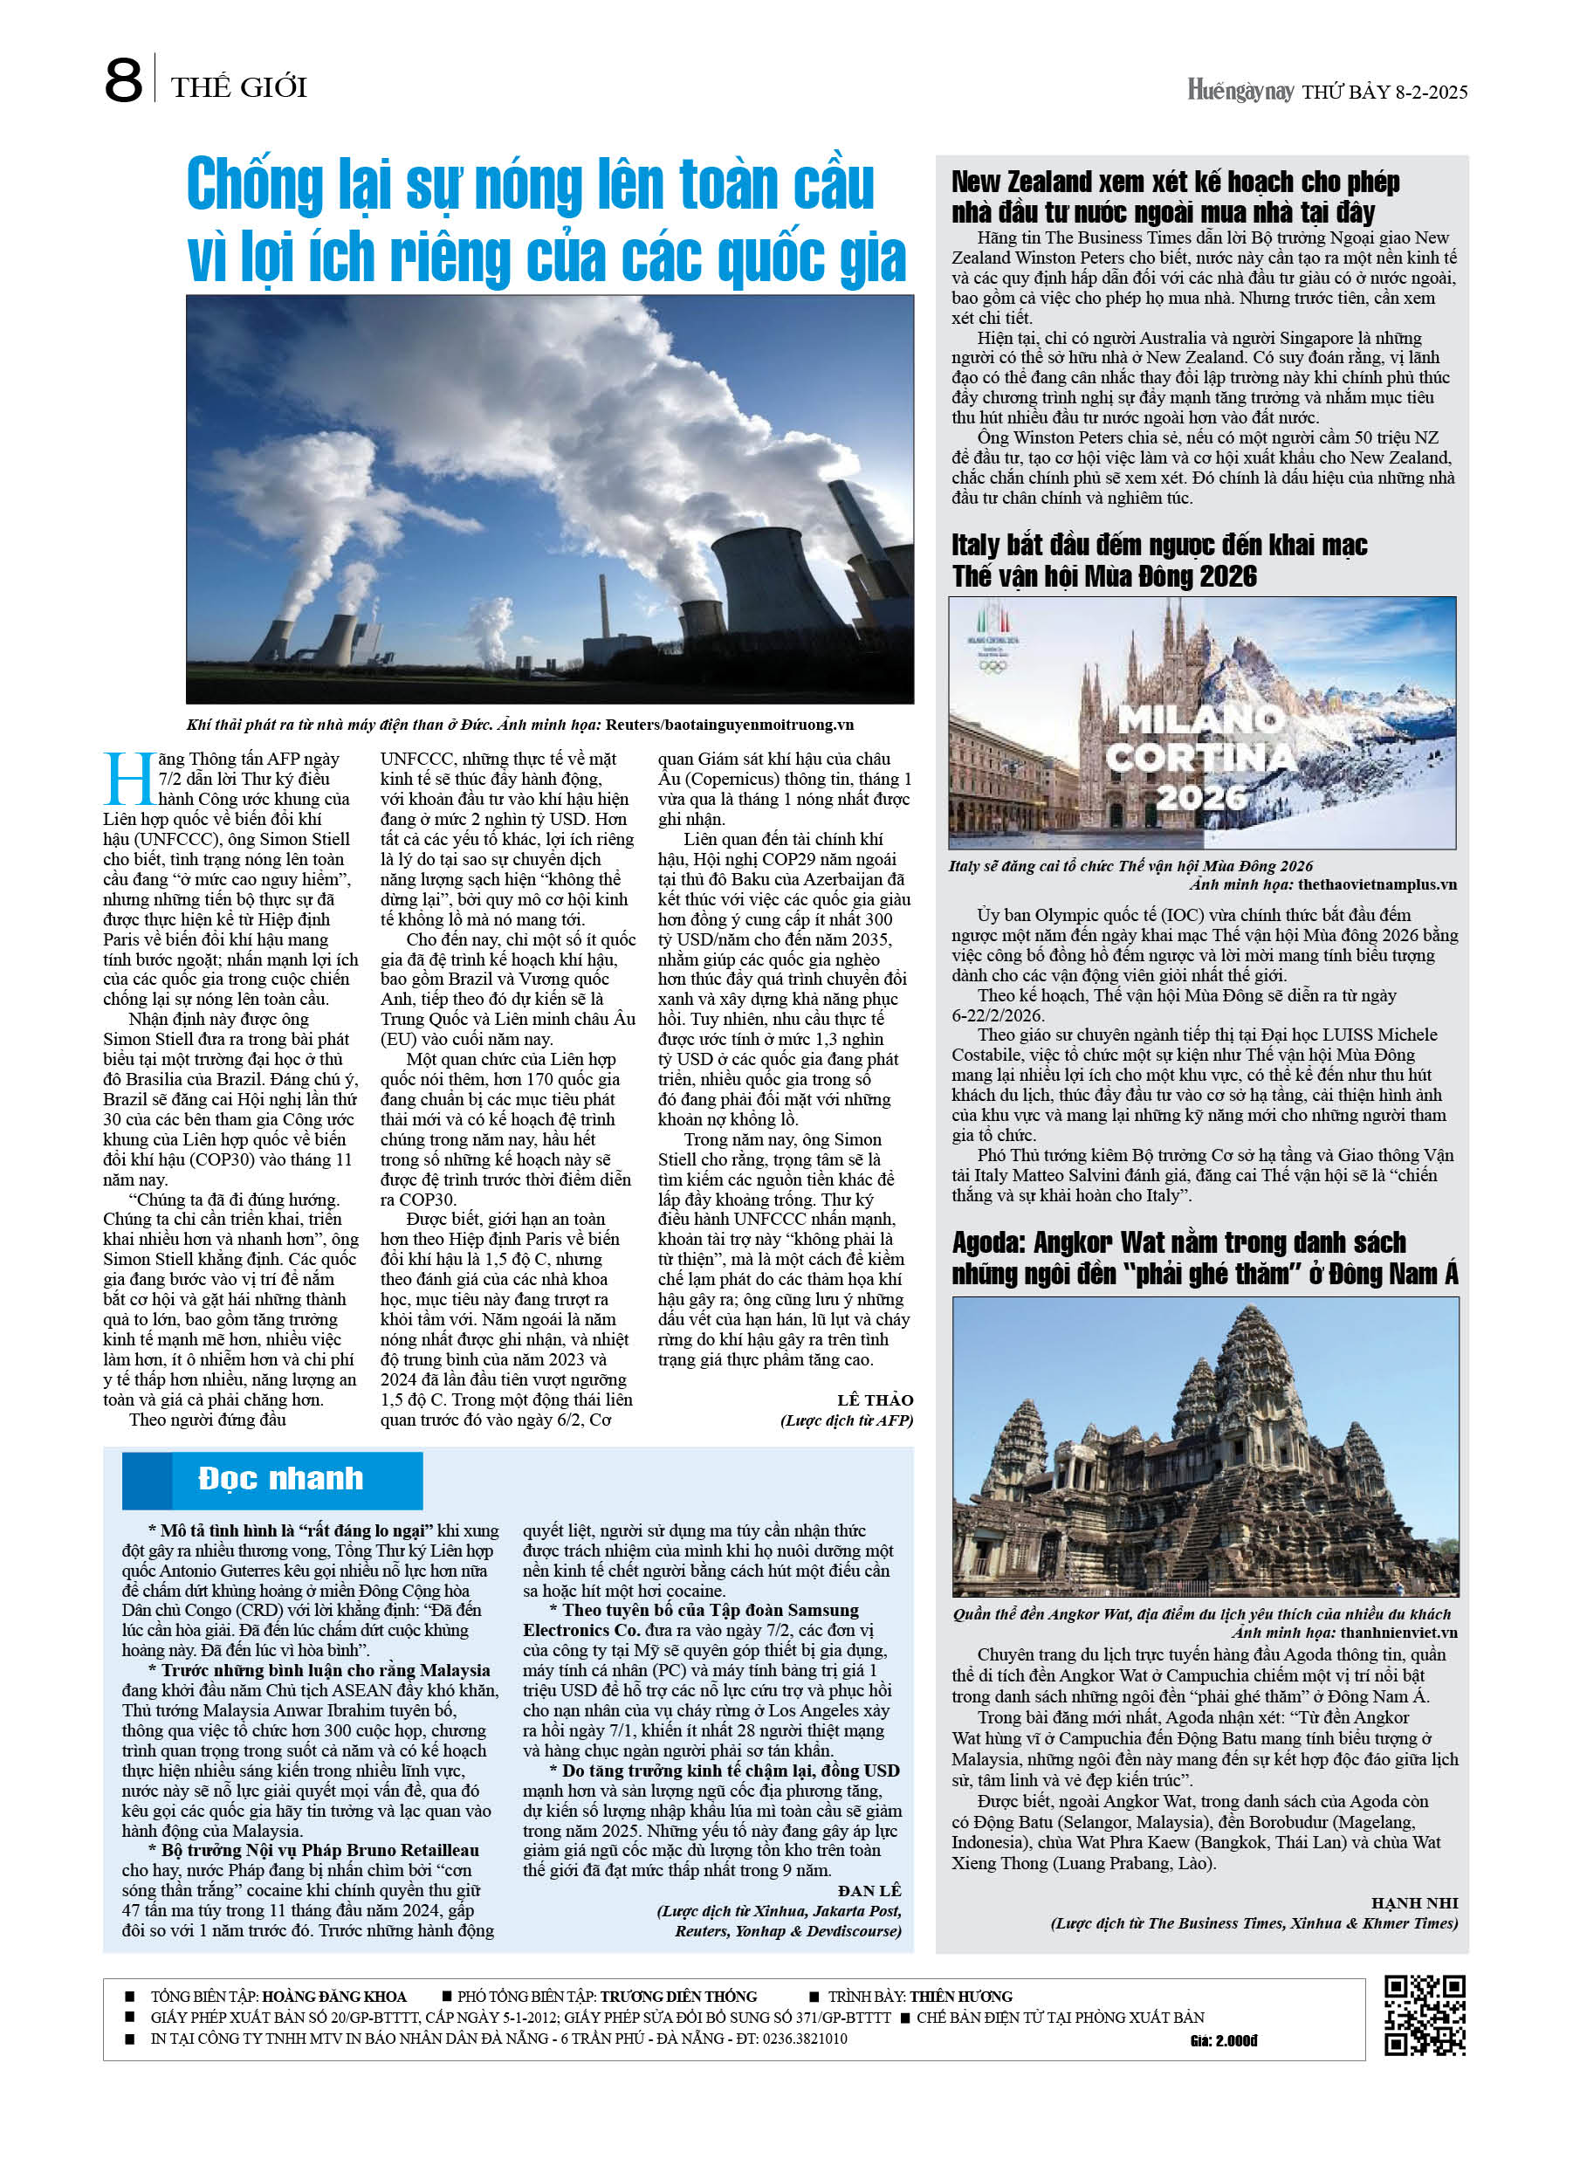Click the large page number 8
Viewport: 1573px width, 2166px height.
123,80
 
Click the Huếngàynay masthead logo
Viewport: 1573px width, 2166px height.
1240,91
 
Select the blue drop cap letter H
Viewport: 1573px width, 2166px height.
128,779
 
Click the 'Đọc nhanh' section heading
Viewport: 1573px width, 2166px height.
280,1478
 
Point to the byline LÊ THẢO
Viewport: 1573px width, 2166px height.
875,1400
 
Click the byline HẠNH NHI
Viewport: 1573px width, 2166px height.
1413,1903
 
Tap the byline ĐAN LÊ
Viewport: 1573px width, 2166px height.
869,1891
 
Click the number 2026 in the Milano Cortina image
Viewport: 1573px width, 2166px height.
1200,796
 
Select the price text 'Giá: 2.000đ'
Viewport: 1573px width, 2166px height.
1224,2041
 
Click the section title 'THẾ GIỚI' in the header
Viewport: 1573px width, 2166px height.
239,88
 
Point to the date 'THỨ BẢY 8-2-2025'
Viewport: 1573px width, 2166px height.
1384,92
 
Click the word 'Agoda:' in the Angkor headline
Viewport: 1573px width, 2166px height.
987,1242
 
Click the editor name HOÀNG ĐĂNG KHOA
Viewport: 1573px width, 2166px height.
333,1997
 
